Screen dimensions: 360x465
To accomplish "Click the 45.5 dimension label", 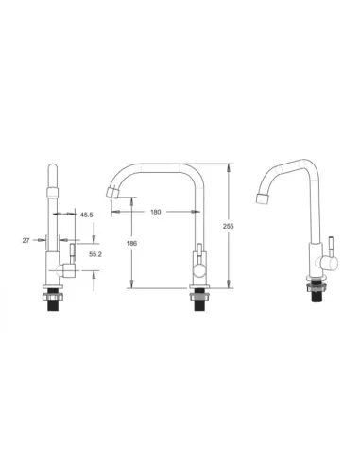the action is coord(86,215).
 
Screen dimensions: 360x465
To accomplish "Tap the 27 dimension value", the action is coord(26,240).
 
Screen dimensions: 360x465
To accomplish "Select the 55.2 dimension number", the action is coord(95,254).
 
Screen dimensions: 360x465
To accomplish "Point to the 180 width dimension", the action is coord(156,212).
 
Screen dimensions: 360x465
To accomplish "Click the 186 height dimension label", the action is coord(131,244).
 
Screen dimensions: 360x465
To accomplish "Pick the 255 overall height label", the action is coord(229,226).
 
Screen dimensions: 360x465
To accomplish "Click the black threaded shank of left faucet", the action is coord(54,305).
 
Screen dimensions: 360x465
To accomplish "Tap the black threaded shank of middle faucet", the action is coord(198,305).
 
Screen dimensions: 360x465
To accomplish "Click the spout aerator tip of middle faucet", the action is coord(112,193).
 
